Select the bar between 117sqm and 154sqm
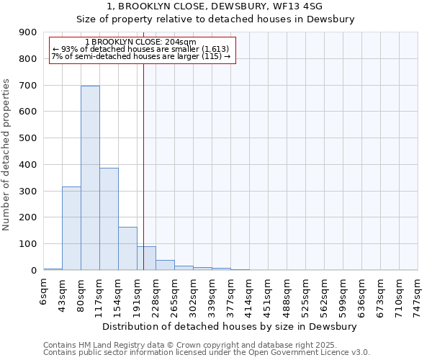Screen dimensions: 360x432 tap(109, 219)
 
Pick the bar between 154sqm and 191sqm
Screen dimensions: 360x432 tap(127, 248)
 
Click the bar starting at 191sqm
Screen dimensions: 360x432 tap(146, 258)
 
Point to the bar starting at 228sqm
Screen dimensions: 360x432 tap(165, 265)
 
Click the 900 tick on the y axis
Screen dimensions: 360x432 tap(28, 32)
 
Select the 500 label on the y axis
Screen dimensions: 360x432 tap(28, 138)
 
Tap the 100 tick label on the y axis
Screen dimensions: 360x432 tap(28, 244)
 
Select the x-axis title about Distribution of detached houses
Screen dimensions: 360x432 tap(230, 327)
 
